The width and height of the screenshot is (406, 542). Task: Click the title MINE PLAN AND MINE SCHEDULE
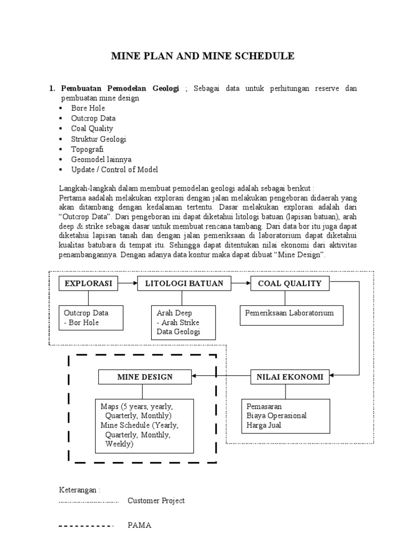click(x=202, y=56)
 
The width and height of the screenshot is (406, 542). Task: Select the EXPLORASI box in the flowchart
click(x=88, y=284)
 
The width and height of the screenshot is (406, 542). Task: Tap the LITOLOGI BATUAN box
click(x=184, y=284)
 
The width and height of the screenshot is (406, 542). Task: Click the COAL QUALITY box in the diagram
click(x=290, y=284)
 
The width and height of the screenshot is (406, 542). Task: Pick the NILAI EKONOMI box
click(x=290, y=377)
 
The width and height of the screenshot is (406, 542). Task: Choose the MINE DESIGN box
click(x=144, y=377)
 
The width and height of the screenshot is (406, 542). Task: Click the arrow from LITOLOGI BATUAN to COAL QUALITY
click(x=241, y=284)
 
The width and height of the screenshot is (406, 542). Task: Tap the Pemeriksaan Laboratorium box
click(x=290, y=313)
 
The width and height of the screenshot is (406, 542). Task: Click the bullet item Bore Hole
click(x=88, y=108)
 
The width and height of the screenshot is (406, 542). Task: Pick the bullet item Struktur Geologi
click(x=99, y=139)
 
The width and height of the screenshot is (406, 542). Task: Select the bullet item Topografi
click(x=87, y=149)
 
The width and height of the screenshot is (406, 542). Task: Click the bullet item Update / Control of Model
click(x=115, y=170)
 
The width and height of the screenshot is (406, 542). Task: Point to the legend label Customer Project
click(x=156, y=501)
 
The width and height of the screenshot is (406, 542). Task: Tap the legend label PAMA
click(x=139, y=526)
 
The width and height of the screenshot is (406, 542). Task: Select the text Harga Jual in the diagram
click(x=264, y=425)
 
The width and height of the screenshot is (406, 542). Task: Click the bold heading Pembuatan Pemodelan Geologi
click(x=121, y=88)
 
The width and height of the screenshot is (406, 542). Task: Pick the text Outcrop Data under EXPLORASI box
click(x=86, y=313)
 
